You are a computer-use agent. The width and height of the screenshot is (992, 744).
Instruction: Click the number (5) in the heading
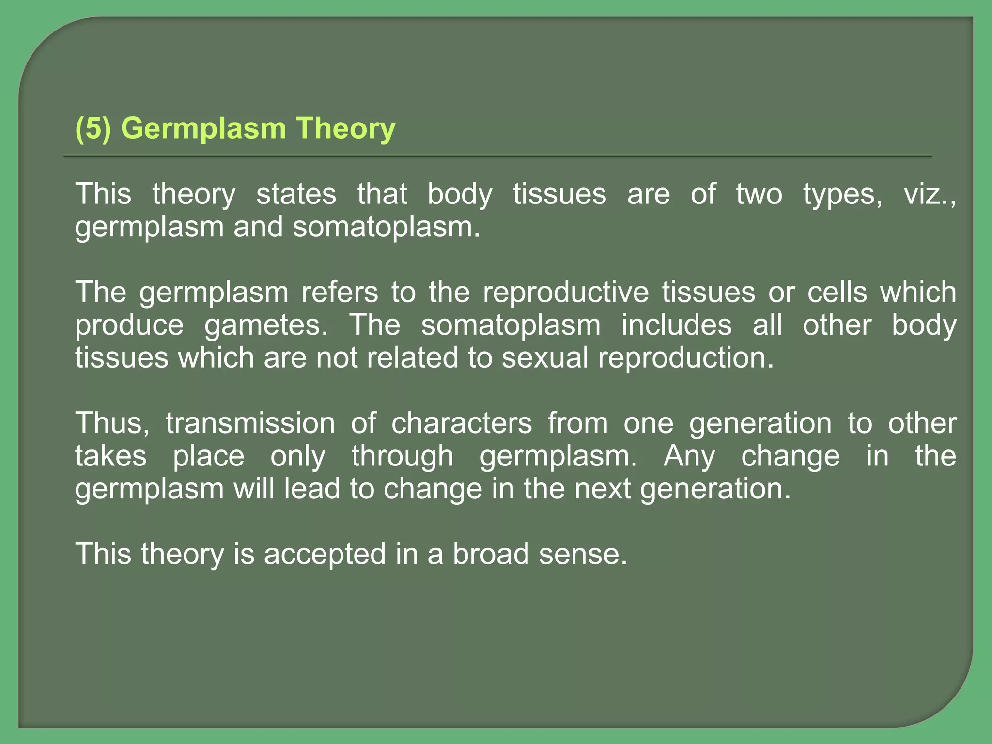pyautogui.click(x=93, y=129)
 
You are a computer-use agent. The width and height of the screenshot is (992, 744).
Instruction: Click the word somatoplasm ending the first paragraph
pyautogui.click(x=386, y=227)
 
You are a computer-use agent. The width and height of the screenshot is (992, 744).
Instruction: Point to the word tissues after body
pyautogui.click(x=559, y=194)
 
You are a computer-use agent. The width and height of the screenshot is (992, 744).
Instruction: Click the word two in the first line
pyautogui.click(x=759, y=194)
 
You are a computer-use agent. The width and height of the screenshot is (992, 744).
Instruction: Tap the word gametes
pyautogui.click(x=266, y=325)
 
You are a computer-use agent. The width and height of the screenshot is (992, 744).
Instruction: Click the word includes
pyautogui.click(x=676, y=325)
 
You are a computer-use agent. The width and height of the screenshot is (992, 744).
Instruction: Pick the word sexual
pyautogui.click(x=544, y=358)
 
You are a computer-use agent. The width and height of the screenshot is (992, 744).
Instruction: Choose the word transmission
pyautogui.click(x=250, y=423)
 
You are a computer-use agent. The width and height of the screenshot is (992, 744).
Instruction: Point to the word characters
pyautogui.click(x=462, y=423)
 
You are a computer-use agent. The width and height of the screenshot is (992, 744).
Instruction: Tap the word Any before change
pyautogui.click(x=689, y=456)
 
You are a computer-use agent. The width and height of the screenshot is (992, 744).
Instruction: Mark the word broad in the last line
pyautogui.click(x=491, y=554)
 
